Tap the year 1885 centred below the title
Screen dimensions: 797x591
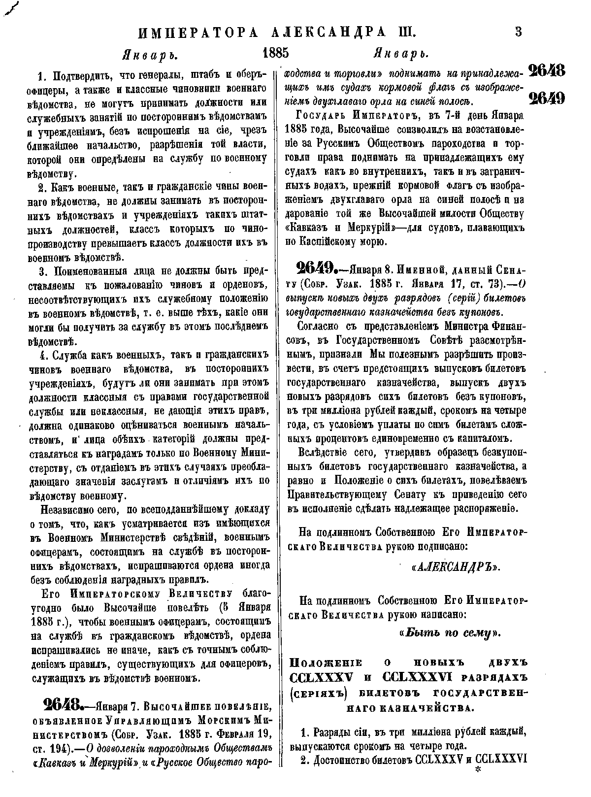click(x=276, y=53)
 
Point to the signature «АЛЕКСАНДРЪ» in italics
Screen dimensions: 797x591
click(x=455, y=567)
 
